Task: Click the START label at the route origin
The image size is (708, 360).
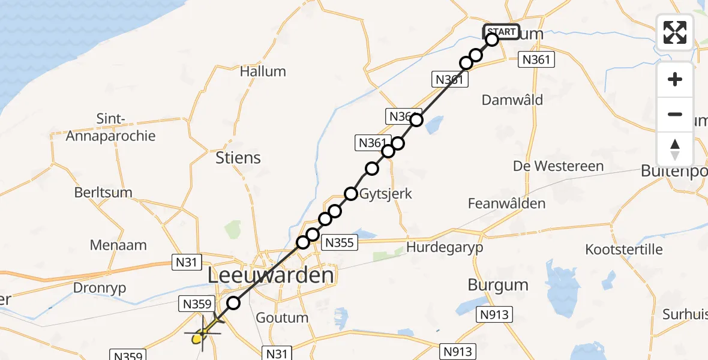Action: (501, 32)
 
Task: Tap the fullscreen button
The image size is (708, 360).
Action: (675, 32)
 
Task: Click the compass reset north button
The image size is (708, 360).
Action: (675, 149)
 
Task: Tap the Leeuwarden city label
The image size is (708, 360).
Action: (271, 276)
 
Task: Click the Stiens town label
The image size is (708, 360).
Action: (238, 158)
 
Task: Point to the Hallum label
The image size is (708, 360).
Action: (263, 71)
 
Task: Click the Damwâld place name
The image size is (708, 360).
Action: (512, 100)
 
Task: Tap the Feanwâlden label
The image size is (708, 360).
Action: (507, 203)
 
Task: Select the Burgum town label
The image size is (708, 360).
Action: (498, 284)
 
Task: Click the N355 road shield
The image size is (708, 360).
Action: (340, 242)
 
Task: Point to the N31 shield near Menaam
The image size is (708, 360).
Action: (187, 262)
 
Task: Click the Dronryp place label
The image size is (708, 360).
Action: (100, 288)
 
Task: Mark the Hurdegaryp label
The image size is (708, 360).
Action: (444, 247)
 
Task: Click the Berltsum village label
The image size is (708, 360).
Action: (103, 193)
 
